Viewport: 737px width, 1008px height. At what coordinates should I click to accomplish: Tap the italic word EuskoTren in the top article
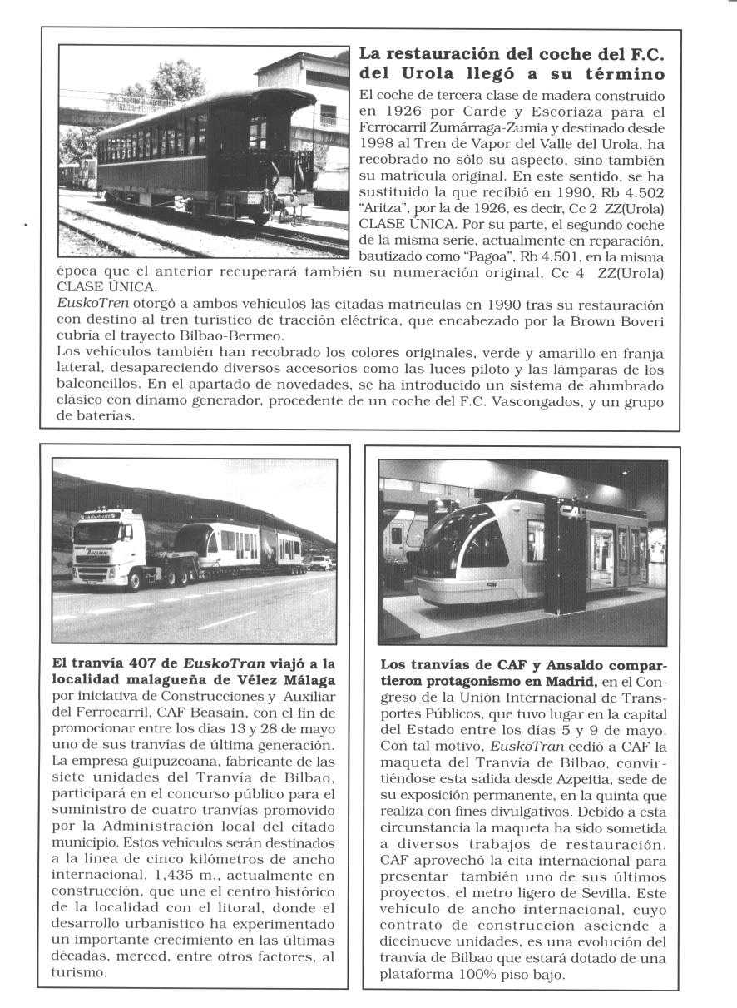84,306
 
